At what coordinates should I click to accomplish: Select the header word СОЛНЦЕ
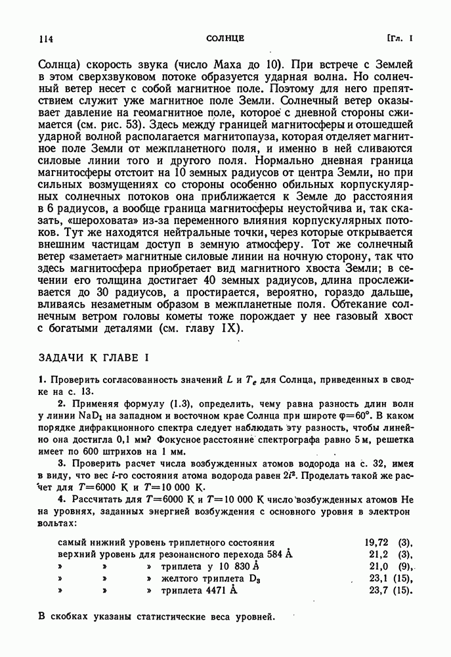[x=225, y=39]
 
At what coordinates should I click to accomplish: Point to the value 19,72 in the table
[x=377, y=543]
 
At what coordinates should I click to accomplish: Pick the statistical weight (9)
[x=404, y=566]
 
